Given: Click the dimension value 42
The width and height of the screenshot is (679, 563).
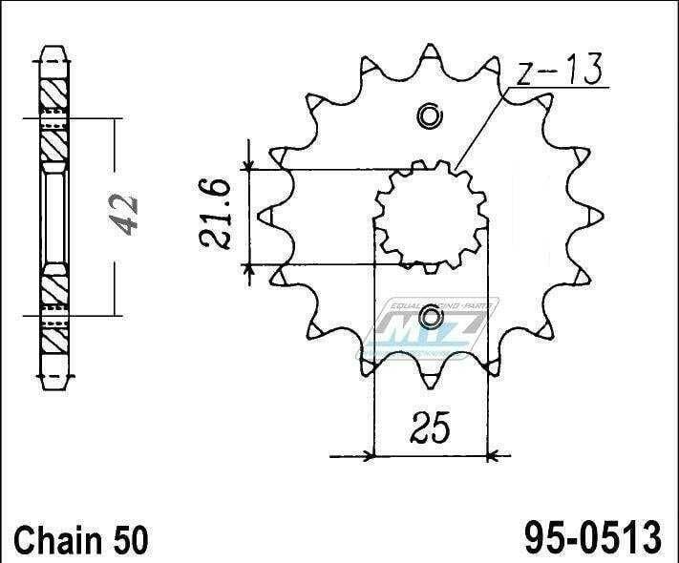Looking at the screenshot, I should point(125,217).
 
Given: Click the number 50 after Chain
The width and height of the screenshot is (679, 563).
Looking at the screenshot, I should point(130,542).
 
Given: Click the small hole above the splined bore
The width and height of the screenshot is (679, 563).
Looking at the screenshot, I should point(431,117).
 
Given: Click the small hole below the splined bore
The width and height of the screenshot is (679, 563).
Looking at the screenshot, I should point(431,317).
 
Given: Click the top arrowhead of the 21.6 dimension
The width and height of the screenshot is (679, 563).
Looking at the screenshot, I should point(250,166).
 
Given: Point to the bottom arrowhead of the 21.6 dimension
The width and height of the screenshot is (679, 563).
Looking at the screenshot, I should point(250,267).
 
